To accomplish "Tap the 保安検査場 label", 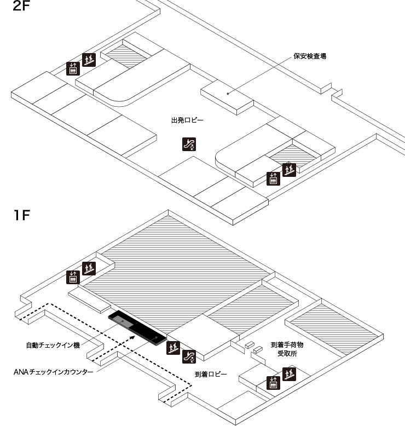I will point(310,56).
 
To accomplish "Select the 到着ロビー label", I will point(211,375).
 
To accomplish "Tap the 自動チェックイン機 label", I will point(53,346).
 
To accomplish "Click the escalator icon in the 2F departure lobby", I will point(189,145).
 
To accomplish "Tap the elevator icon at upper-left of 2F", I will point(73,68).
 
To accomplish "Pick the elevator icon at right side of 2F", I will point(273,179).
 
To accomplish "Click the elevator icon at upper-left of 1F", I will point(73,278).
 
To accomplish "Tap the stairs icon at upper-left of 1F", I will point(89,268).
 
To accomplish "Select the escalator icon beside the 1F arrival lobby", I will point(189,356).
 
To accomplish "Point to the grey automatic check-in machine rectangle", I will point(123,323).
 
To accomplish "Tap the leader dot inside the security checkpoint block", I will point(229,93).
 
